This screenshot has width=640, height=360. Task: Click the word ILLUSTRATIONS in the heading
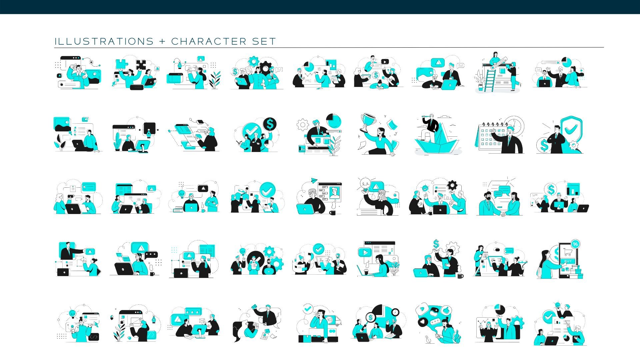click(x=104, y=41)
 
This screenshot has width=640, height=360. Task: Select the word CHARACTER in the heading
click(x=209, y=41)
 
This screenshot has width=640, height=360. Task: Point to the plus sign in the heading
click(x=162, y=41)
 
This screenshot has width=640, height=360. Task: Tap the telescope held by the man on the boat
click(x=426, y=116)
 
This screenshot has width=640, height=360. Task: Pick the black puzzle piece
click(x=141, y=65)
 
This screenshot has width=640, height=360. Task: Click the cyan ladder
click(x=490, y=80)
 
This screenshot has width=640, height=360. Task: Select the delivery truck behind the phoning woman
click(x=333, y=320)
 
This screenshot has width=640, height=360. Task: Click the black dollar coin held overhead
click(x=270, y=124)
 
